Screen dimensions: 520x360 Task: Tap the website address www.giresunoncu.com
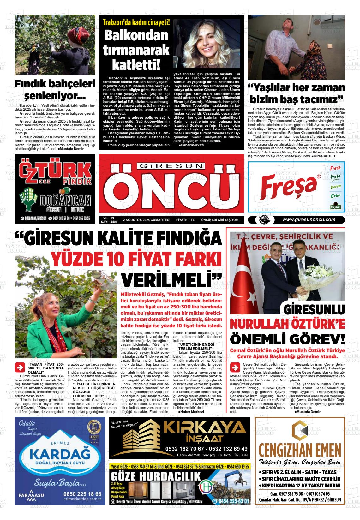click(309, 220)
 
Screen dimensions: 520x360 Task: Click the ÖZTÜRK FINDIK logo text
click(55, 172)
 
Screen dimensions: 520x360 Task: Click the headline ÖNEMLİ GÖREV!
click(287, 339)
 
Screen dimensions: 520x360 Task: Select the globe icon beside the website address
click(262, 220)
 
